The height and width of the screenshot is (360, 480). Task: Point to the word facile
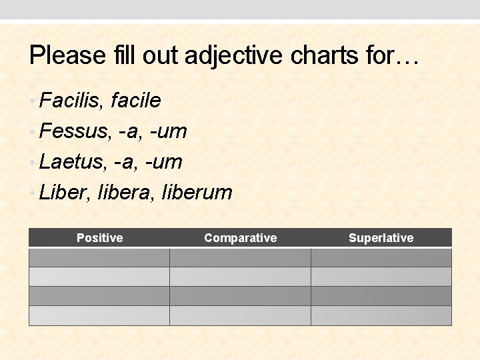coord(136,101)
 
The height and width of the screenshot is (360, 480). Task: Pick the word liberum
coord(198,193)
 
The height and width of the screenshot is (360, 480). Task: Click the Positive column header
coord(99,238)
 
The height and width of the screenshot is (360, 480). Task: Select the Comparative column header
coord(240,238)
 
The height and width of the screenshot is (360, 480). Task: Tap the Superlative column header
coord(381,238)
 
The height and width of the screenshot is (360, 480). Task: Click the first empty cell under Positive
coord(99,257)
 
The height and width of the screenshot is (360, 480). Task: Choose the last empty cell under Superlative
coord(381,315)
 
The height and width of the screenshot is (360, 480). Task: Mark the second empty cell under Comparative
coord(240,277)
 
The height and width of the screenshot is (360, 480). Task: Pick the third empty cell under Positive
coord(99,296)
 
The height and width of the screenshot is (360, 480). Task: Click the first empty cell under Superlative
coord(381,257)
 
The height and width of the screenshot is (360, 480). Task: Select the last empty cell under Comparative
coord(240,315)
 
